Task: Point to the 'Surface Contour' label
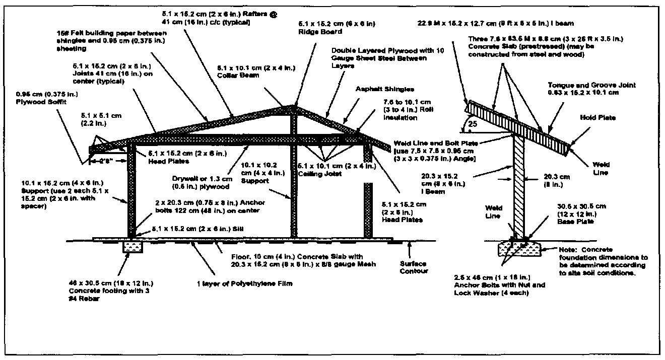click(x=414, y=267)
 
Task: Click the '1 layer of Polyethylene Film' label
click(x=244, y=283)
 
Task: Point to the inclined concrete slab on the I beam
click(x=519, y=123)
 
